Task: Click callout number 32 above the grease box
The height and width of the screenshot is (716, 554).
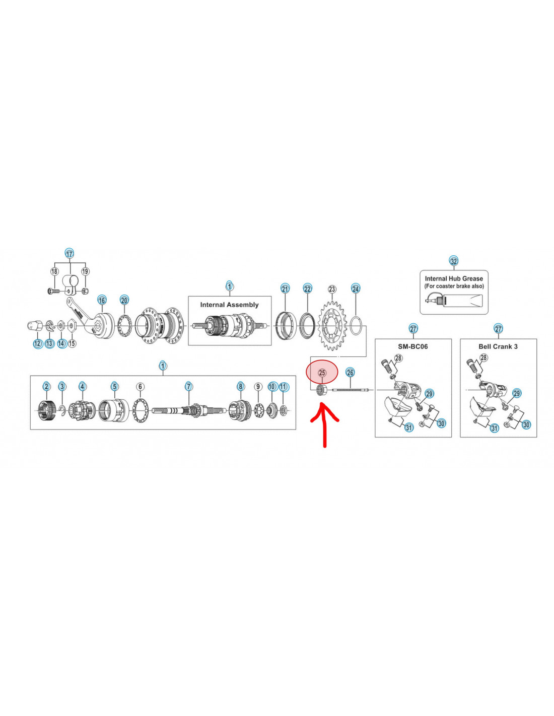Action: click(454, 261)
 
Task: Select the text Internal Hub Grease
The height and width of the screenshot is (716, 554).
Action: click(454, 278)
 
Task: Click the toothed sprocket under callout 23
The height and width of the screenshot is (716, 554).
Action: click(332, 326)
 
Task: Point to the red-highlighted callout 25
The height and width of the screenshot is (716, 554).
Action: click(322, 373)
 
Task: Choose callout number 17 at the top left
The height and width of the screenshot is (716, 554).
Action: click(70, 254)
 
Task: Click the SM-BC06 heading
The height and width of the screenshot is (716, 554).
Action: click(413, 346)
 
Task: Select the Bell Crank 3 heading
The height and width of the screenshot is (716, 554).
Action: click(498, 346)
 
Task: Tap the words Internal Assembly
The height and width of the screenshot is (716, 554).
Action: click(229, 305)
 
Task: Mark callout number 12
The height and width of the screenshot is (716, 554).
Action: click(38, 343)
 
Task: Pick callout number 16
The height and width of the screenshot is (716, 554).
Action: click(102, 300)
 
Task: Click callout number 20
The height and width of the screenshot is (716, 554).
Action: click(124, 300)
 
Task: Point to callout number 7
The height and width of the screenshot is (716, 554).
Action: click(189, 387)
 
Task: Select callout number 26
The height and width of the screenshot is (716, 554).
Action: click(350, 373)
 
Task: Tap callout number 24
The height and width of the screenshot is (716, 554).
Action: click(356, 289)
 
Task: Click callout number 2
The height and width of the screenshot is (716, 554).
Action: click(47, 387)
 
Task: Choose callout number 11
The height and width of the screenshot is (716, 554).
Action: click(284, 387)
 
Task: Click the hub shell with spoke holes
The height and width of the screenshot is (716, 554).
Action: click(159, 326)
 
